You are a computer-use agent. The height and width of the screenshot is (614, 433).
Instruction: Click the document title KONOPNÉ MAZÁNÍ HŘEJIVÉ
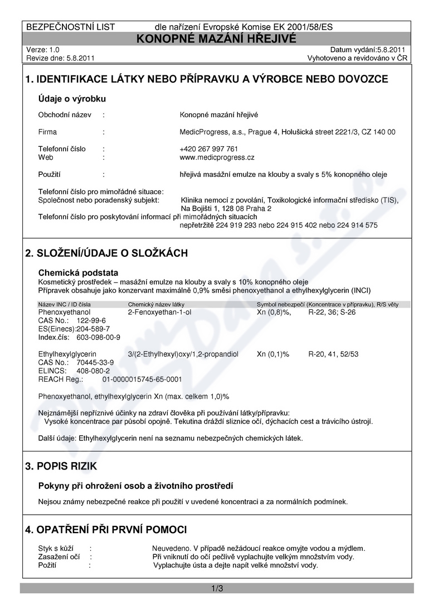pyautogui.click(x=217, y=38)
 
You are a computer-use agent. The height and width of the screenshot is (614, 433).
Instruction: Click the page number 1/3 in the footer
pyautogui.click(x=217, y=588)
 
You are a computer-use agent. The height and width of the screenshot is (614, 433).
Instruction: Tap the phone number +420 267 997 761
pyautogui.click(x=208, y=149)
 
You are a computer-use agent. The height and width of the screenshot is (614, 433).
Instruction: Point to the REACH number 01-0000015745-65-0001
pyautogui.click(x=142, y=379)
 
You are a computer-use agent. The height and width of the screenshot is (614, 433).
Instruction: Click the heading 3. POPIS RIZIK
pyautogui.click(x=65, y=466)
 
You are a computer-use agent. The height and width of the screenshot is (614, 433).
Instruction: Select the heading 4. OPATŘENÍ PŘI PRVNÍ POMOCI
pyautogui.click(x=106, y=529)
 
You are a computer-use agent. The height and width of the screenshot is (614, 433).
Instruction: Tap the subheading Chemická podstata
pyautogui.click(x=78, y=273)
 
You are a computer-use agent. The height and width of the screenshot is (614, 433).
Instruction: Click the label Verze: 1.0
pyautogui.click(x=42, y=50)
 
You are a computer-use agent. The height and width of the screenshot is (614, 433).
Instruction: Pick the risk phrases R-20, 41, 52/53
pyautogui.click(x=333, y=354)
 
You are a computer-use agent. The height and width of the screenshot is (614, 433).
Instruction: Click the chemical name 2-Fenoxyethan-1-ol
pyautogui.click(x=159, y=313)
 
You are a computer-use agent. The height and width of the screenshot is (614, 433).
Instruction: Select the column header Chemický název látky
pyautogui.click(x=156, y=304)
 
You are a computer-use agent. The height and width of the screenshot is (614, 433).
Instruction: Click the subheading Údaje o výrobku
pyautogui.click(x=72, y=99)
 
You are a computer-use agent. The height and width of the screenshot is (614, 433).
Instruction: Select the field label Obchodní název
pyautogui.click(x=64, y=115)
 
